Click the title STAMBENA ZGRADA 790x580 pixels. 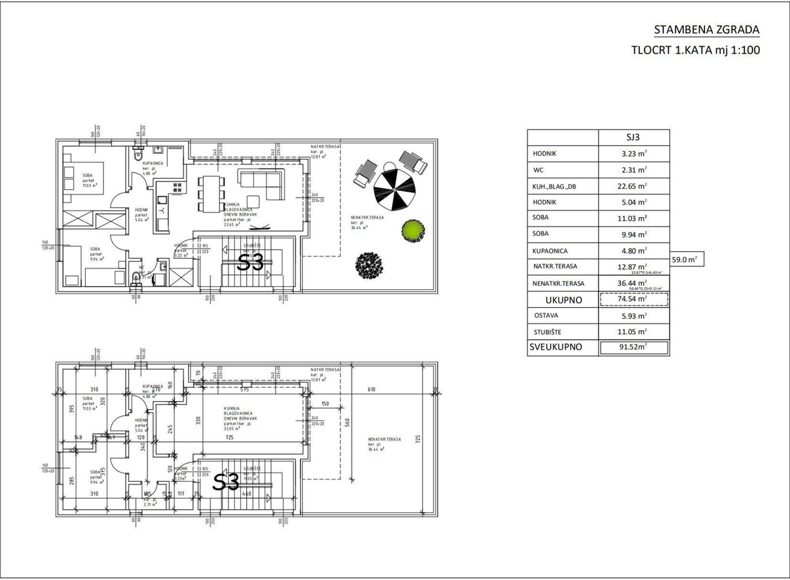706,30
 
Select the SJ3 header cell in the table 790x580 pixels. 633,137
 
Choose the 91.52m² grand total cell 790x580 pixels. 633,348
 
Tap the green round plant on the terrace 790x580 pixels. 412,230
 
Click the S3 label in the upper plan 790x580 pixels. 250,263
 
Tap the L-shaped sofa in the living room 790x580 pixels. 261,183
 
